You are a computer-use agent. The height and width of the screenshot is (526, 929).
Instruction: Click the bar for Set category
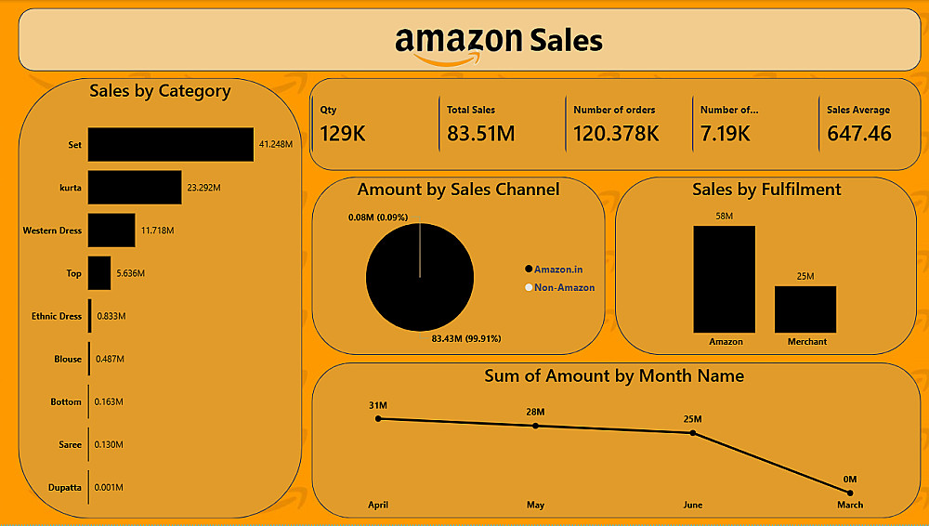pyautogui.click(x=171, y=145)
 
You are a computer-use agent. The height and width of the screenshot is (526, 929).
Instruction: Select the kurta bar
pyautogui.click(x=135, y=188)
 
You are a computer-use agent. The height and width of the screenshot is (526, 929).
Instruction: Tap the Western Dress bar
pyautogui.click(x=111, y=230)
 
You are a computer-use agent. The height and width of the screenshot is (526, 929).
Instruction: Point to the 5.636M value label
pyautogui.click(x=130, y=273)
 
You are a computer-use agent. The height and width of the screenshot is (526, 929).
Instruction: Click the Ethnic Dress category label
pyautogui.click(x=57, y=316)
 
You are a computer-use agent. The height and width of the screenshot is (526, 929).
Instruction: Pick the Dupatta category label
pyautogui.click(x=65, y=487)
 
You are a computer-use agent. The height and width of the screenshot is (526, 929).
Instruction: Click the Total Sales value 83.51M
pyautogui.click(x=480, y=134)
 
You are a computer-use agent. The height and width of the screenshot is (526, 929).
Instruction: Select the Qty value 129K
pyautogui.click(x=343, y=134)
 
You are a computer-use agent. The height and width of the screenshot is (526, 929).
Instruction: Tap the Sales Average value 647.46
pyautogui.click(x=859, y=134)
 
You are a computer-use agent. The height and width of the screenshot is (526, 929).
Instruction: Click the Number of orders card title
pyautogui.click(x=614, y=110)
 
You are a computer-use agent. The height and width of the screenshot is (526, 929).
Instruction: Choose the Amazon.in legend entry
pyautogui.click(x=558, y=269)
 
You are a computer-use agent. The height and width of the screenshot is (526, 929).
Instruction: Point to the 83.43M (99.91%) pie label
pyautogui.click(x=466, y=338)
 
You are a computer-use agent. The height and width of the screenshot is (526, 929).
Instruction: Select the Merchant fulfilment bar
pyautogui.click(x=805, y=309)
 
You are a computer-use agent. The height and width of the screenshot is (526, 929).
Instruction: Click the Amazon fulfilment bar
pyautogui.click(x=725, y=279)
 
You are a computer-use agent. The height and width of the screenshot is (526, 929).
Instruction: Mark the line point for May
pyautogui.click(x=535, y=426)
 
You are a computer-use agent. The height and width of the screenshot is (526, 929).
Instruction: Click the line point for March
pyautogui.click(x=850, y=493)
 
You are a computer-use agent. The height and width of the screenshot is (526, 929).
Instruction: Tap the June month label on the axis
pyautogui.click(x=693, y=506)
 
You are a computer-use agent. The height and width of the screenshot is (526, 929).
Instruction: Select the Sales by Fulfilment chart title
pyautogui.click(x=766, y=190)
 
